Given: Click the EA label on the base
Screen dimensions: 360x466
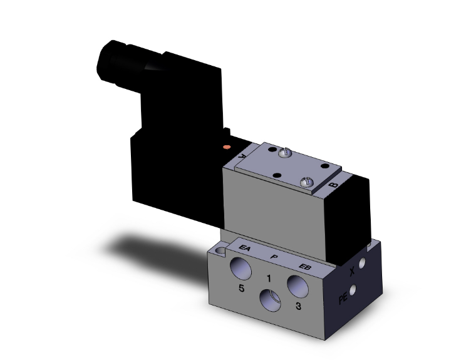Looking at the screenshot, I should (x=246, y=249).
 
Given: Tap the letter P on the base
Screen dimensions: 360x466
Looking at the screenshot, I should (x=274, y=257).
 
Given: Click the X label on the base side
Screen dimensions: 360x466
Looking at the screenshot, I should (x=352, y=272).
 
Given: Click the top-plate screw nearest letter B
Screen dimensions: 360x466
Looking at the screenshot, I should (x=306, y=181).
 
